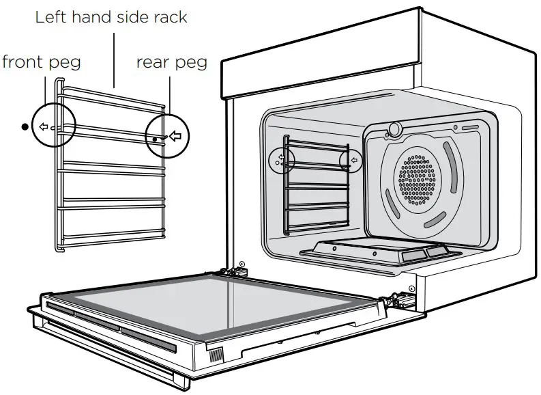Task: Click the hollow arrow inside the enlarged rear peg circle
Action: pyautogui.click(x=175, y=137)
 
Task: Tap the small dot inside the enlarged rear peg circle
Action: pyautogui.click(x=156, y=139)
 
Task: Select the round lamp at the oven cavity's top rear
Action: pyautogui.click(x=394, y=129)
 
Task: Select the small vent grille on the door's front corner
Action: pyautogui.click(x=216, y=355)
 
